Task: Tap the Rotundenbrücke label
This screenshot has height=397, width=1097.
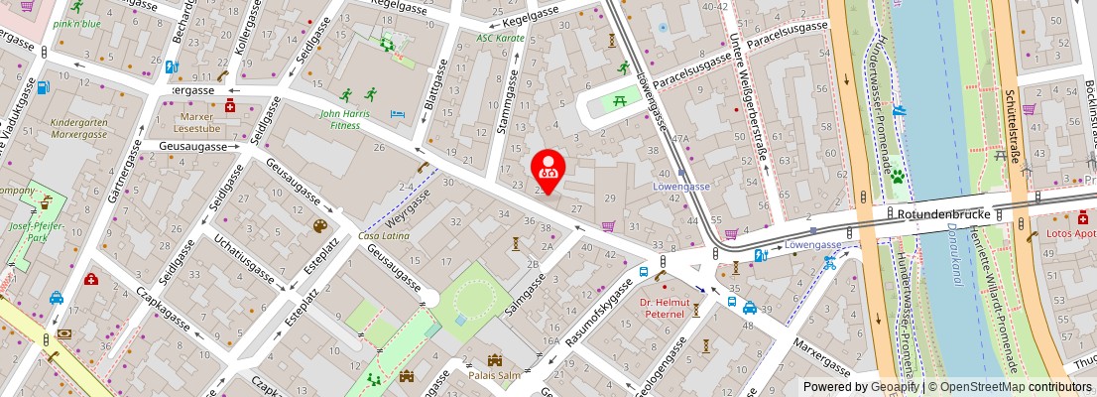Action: pyautogui.click(x=937, y=212)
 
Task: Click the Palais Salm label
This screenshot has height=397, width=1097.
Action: pyautogui.click(x=494, y=374)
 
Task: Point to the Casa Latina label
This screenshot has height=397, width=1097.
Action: pyautogui.click(x=384, y=236)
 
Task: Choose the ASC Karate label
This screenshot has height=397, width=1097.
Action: pyautogui.click(x=500, y=38)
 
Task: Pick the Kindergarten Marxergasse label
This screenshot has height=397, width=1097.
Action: pyautogui.click(x=78, y=127)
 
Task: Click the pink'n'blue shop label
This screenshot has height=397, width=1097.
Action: pyautogui.click(x=77, y=22)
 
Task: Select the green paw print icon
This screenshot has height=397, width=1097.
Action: pyautogui.click(x=897, y=177)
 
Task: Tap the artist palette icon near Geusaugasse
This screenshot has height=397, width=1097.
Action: pyautogui.click(x=320, y=226)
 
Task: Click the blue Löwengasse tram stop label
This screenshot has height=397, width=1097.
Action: pyautogui.click(x=680, y=186)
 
